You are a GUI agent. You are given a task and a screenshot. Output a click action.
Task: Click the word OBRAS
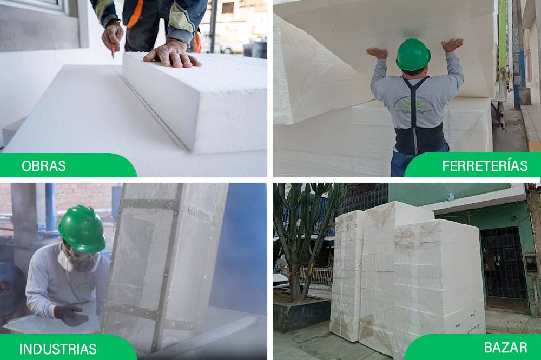click(x=43, y=166)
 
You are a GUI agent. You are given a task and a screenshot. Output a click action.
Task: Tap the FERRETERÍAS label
click(x=485, y=166)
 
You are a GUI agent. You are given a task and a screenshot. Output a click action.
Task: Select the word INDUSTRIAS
click(x=58, y=349)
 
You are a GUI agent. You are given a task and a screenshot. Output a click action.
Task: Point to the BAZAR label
click(x=505, y=347)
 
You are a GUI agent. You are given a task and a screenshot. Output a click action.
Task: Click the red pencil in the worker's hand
click(x=113, y=52)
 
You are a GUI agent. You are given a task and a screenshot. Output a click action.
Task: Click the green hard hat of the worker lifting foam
click(x=413, y=55)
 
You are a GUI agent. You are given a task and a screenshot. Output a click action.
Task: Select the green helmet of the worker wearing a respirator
click(x=82, y=229)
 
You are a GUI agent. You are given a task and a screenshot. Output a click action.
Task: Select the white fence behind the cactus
click(x=313, y=276)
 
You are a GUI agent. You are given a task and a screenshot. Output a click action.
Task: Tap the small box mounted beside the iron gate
click(x=531, y=263)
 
